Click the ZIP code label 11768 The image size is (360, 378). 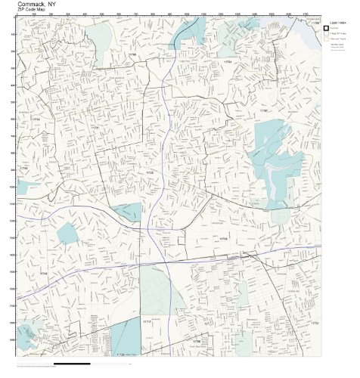tap(133, 55)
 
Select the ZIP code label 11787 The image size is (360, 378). tap(265, 111)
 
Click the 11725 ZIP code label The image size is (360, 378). tap(150, 173)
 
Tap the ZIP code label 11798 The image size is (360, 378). tap(196, 341)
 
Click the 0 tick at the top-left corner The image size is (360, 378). tap(17, 15)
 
